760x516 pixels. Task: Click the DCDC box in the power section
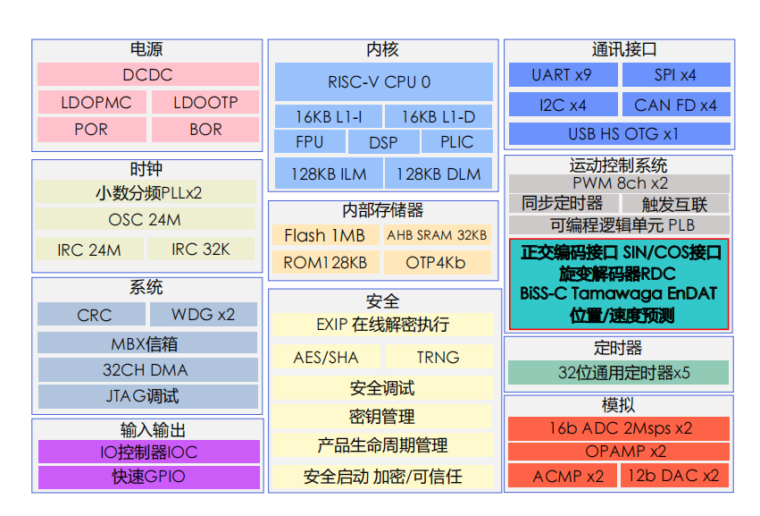click(x=148, y=75)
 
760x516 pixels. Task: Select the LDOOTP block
click(x=205, y=102)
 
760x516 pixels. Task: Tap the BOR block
click(x=205, y=130)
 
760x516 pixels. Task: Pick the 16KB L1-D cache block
click(x=438, y=116)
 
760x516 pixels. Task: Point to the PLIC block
click(x=456, y=142)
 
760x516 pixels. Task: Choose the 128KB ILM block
click(x=329, y=173)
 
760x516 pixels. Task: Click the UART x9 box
click(x=562, y=75)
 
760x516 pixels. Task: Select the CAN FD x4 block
click(x=675, y=106)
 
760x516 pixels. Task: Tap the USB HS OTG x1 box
click(x=619, y=134)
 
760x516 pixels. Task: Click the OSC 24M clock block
click(x=145, y=219)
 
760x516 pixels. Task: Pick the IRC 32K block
click(x=201, y=250)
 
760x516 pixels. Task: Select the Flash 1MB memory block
click(x=325, y=235)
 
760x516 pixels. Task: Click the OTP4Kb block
click(x=437, y=263)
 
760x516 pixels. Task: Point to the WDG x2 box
click(x=203, y=315)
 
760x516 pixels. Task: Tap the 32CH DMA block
click(x=147, y=368)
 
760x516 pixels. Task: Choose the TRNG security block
click(x=438, y=357)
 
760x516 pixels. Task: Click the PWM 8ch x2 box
click(x=619, y=182)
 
